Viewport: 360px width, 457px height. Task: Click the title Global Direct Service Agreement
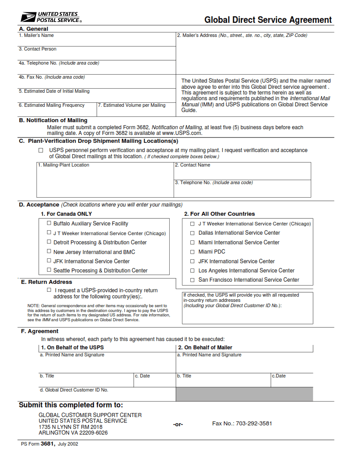[x=268, y=20]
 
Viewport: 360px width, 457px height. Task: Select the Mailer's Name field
[x=97, y=41]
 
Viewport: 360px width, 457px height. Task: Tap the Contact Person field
[x=97, y=54]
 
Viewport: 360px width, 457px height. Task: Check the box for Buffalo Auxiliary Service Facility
[x=49, y=223]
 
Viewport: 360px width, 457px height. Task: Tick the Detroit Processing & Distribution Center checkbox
[x=49, y=242]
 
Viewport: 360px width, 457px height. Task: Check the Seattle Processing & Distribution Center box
[x=49, y=270]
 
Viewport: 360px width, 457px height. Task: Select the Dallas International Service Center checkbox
[x=192, y=233]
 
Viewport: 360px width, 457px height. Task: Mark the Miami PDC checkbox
[x=192, y=252]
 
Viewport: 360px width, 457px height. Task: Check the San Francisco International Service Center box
[x=192, y=280]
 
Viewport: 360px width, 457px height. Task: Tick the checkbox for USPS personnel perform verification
[x=41, y=150]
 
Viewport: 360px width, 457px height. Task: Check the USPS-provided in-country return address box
[x=49, y=290]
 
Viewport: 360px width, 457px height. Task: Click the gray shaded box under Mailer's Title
[x=244, y=394]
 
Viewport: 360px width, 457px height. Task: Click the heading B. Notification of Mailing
[x=53, y=120]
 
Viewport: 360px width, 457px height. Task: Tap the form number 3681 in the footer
[x=47, y=444]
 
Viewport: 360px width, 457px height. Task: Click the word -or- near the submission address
[x=178, y=424]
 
